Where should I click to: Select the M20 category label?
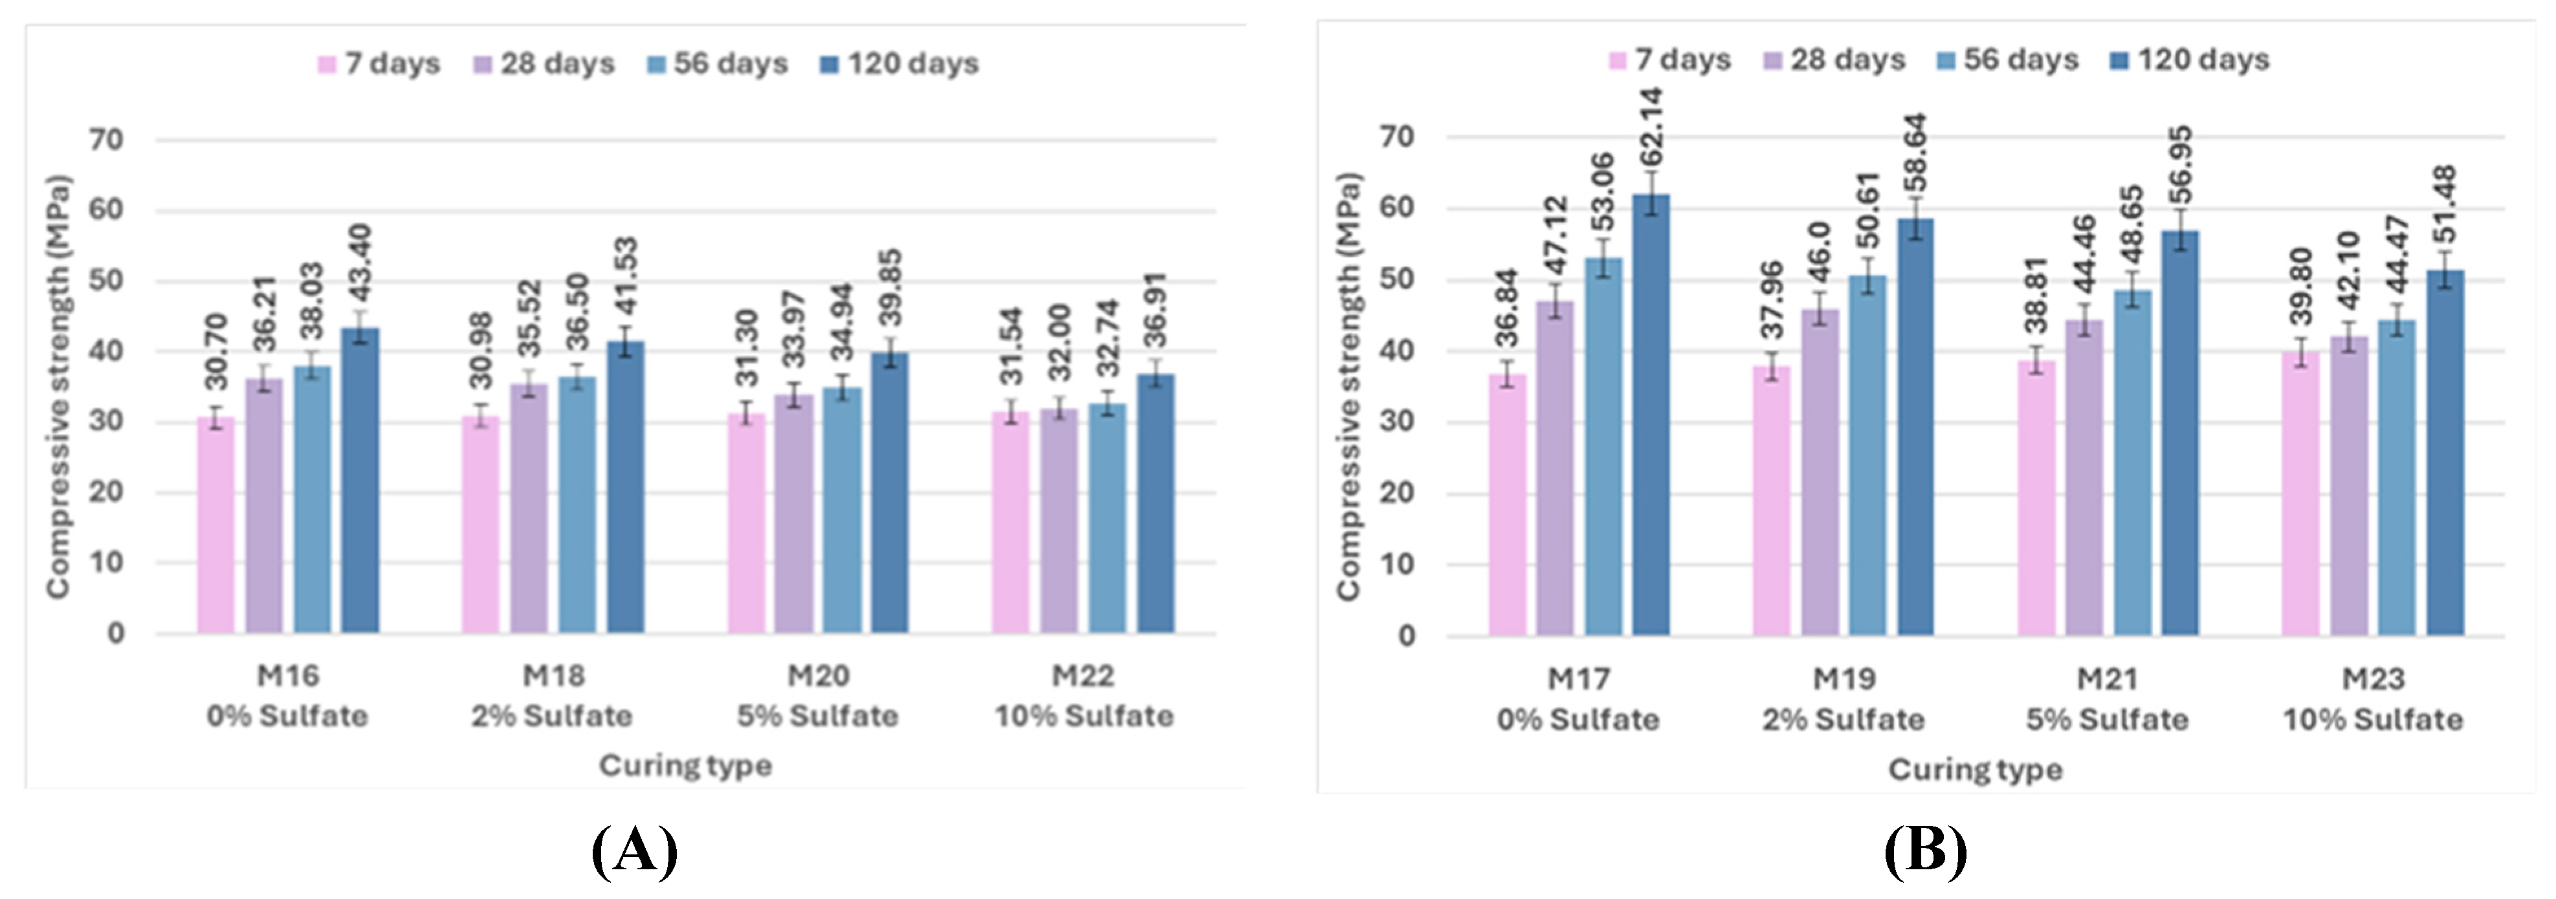818,677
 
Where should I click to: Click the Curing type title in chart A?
685,766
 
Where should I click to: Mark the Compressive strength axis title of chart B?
1349,387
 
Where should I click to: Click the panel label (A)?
635,850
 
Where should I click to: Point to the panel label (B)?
1925,850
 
